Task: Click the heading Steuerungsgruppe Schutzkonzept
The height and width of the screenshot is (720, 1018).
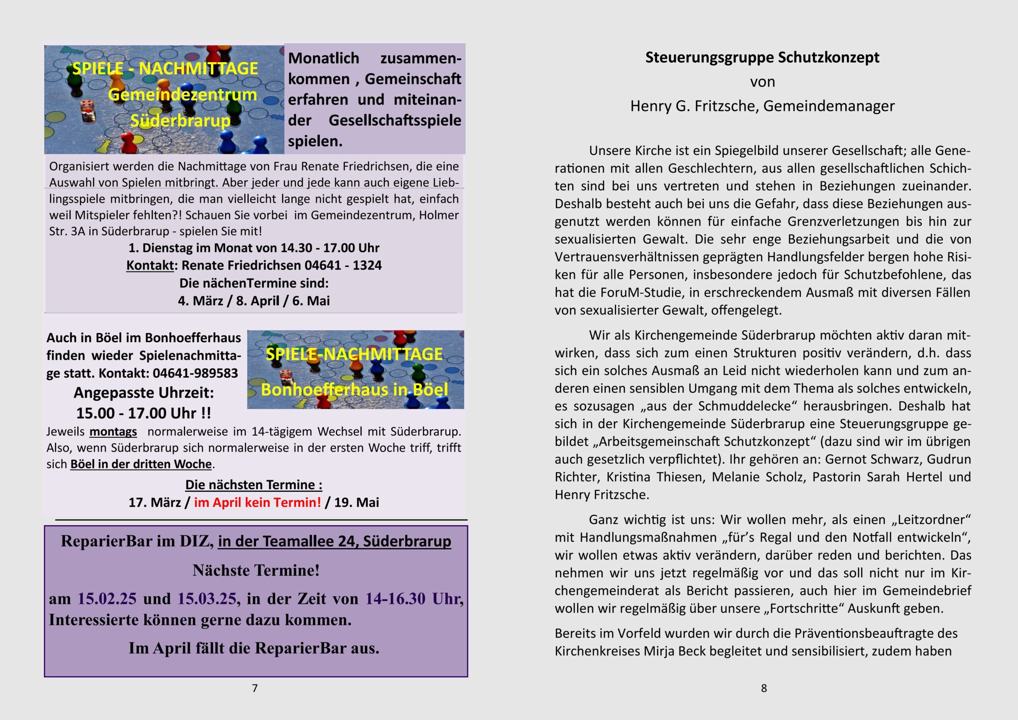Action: pos(762,58)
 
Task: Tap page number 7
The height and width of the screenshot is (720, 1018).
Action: pos(255,688)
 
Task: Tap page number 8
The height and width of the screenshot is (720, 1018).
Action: pos(763,688)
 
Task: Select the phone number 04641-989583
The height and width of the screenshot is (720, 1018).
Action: pos(195,373)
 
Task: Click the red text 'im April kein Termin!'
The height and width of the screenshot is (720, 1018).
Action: pos(257,502)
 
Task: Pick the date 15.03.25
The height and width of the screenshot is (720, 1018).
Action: pos(207,599)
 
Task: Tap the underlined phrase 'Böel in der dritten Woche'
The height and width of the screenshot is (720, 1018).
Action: pos(140,464)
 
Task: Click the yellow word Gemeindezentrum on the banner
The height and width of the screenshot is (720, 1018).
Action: pos(182,94)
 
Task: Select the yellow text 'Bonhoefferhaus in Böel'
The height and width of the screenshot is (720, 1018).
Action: pos(354,390)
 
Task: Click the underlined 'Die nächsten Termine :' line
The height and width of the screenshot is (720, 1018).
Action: pos(254,485)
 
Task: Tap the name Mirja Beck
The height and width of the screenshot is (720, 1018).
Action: pos(676,651)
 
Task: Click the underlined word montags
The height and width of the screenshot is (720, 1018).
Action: pos(113,432)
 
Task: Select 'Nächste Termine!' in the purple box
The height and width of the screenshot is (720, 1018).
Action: pos(256,570)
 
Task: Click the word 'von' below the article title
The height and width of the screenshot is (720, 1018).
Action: pos(762,82)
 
